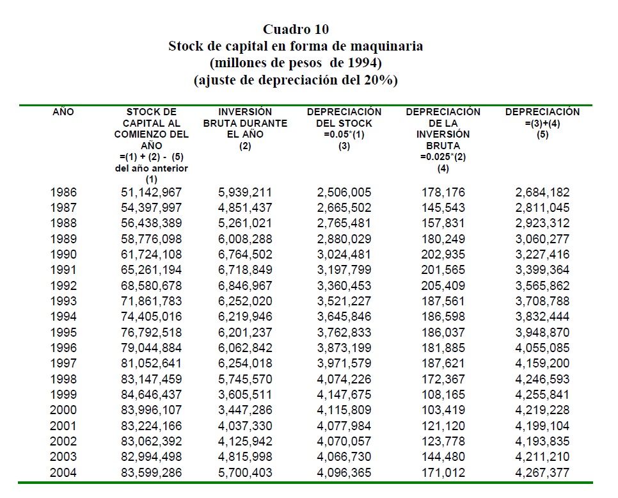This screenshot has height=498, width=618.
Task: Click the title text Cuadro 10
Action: point(296,29)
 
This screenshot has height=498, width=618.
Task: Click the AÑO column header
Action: point(63,112)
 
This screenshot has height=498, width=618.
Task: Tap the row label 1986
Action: point(63,192)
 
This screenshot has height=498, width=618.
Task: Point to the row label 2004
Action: point(63,472)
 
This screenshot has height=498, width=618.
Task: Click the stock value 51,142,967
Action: point(152,192)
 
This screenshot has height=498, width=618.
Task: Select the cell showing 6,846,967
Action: point(245,285)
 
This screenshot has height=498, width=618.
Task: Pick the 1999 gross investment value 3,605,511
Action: point(245,394)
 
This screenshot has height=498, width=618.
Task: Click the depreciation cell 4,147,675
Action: point(344,394)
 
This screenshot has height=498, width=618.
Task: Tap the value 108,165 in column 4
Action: point(443,394)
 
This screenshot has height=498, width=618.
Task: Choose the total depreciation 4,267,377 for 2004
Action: point(542,472)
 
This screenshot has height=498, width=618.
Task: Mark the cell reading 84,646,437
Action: point(152,394)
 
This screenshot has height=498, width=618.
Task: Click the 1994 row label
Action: point(63,316)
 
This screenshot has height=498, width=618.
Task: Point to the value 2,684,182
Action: point(542,192)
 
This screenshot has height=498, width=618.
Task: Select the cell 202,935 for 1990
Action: point(443,254)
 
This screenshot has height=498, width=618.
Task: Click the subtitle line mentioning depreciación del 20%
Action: point(296,81)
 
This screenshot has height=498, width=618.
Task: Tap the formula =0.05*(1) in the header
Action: point(344,135)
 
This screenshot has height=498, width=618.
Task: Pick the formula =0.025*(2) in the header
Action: point(443,157)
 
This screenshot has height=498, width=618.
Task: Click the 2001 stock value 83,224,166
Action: point(152,426)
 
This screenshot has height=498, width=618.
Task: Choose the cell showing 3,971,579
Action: point(344,364)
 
